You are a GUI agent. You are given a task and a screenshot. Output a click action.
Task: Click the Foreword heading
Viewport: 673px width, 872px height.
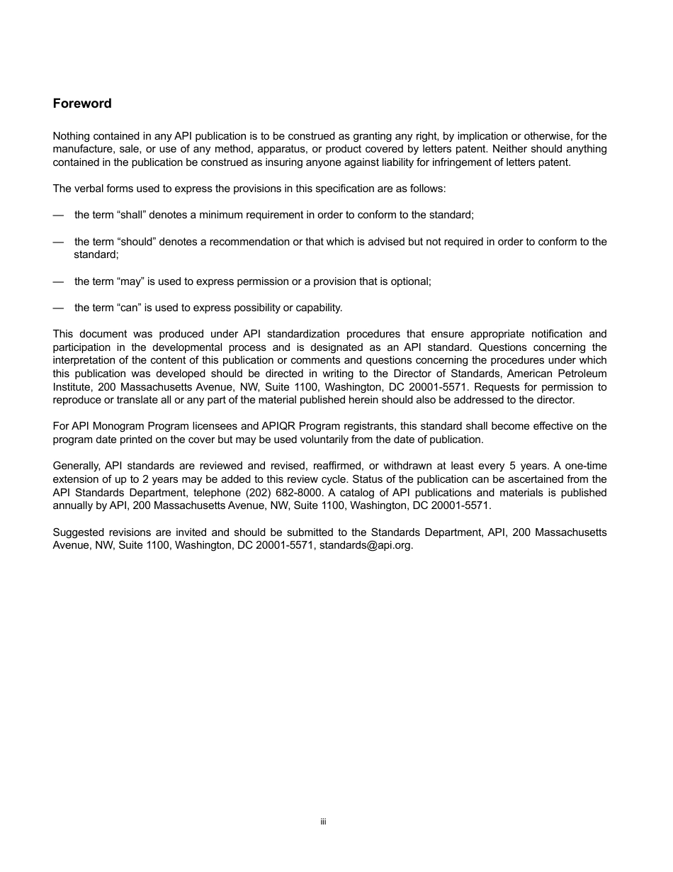[82, 104]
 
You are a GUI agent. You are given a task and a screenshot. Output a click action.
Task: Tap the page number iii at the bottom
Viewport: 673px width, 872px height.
[323, 822]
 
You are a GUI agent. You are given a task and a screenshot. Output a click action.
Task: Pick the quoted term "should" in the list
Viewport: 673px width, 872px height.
[134, 242]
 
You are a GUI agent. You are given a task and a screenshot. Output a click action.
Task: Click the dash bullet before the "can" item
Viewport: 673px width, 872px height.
[58, 308]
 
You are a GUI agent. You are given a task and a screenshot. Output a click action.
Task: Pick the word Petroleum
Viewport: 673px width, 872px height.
[582, 374]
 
